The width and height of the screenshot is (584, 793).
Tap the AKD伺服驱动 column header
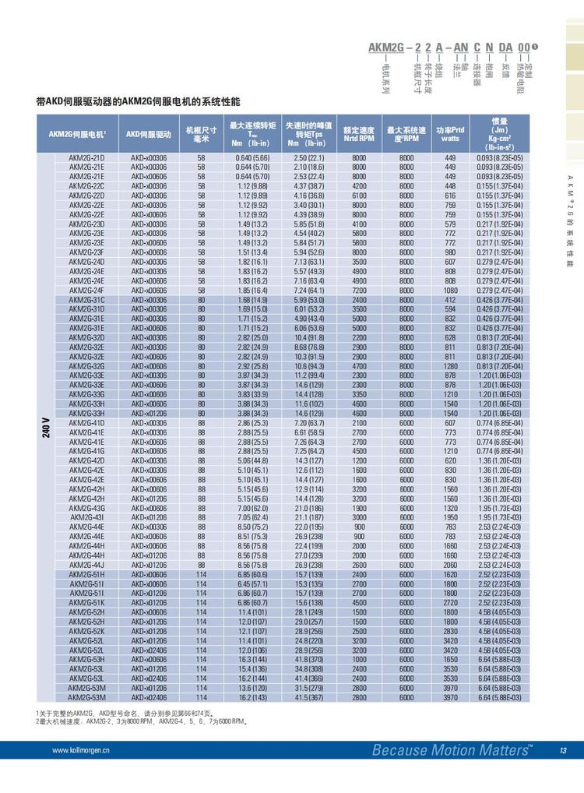click(149, 134)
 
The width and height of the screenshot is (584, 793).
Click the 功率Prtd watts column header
click(450, 134)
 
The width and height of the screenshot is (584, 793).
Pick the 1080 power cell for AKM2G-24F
click(450, 290)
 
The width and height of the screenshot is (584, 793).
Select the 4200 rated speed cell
click(359, 186)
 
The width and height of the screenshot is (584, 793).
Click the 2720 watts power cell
click(450, 602)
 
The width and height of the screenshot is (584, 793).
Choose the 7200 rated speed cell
click(359, 290)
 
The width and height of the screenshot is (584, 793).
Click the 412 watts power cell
click(450, 300)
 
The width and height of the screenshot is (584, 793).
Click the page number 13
click(562, 750)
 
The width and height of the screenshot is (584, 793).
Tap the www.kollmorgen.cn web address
click(81, 751)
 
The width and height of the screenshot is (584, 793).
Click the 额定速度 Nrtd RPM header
click(359, 134)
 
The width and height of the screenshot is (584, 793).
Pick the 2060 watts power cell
click(450, 564)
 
